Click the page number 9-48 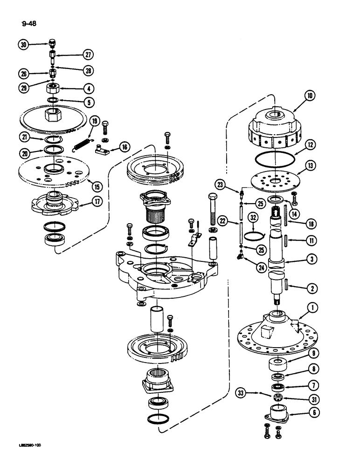tap(29, 24)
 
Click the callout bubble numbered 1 tap(312, 307)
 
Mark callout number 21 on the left tap(25, 137)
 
